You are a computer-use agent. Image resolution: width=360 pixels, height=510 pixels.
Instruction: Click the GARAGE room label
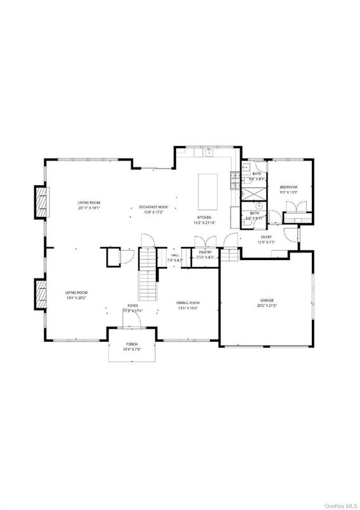click(x=266, y=301)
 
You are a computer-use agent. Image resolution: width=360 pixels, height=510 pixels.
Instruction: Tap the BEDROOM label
click(x=289, y=187)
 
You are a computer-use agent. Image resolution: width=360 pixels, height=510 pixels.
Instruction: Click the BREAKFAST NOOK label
click(x=153, y=207)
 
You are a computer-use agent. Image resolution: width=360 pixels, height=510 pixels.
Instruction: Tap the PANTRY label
click(x=205, y=252)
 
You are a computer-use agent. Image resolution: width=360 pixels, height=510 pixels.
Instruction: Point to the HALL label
click(x=174, y=255)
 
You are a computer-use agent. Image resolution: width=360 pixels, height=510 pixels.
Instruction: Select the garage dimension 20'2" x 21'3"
click(x=266, y=306)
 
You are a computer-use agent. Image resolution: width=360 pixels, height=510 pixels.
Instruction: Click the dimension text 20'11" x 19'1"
click(x=89, y=207)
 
